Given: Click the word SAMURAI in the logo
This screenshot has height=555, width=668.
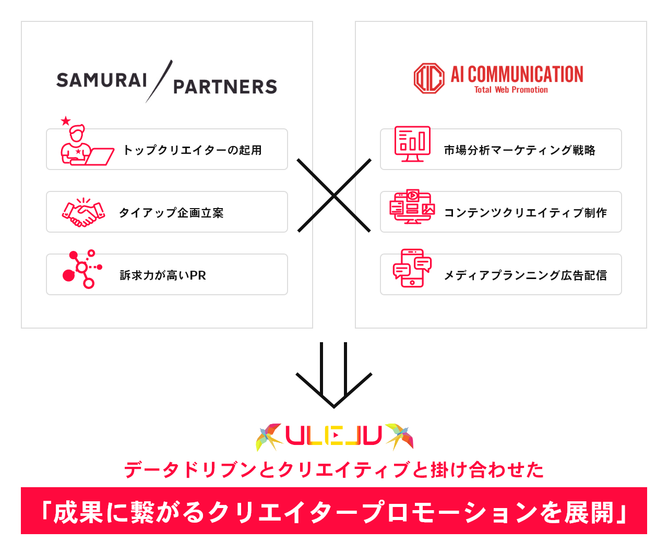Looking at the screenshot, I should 102,80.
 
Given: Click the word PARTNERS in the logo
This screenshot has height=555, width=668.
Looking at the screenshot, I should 225,87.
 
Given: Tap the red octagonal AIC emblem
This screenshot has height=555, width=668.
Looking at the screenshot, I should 429,78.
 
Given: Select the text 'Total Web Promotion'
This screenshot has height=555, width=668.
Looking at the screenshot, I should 511,90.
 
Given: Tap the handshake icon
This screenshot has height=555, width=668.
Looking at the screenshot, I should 83,212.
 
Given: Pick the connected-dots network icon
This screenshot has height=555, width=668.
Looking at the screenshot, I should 82,269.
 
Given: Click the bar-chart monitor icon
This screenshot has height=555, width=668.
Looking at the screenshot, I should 412,144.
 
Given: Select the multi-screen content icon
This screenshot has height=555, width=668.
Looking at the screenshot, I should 412,207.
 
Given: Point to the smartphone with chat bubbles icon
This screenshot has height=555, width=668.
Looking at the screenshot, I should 412,268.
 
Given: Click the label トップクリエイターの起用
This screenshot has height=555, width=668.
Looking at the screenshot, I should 193,150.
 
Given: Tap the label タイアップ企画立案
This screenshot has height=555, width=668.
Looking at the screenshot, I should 172,213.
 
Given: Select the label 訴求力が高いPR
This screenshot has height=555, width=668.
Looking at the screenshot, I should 163,275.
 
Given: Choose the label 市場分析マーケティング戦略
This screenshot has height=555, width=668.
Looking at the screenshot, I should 519,150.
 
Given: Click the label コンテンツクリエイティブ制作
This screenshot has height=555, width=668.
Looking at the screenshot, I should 525,213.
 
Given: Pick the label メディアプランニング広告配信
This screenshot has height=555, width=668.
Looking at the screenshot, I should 525,275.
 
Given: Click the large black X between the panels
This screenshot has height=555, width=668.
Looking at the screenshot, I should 334,195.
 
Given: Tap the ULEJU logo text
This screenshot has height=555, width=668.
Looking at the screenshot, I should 334,436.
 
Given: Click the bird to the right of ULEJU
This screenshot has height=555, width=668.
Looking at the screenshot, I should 400,436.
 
